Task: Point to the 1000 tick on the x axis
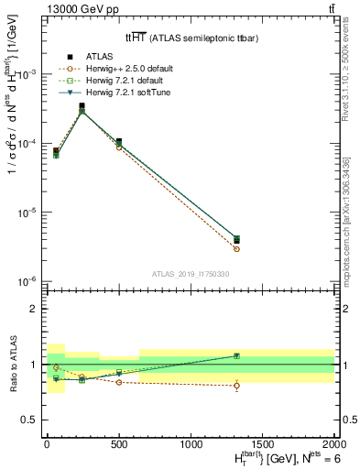191,443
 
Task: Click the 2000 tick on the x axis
334,443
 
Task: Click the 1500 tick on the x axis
262,443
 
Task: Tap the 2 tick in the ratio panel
35,309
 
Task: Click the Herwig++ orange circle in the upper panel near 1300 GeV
236,249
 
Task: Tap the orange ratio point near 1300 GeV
236,386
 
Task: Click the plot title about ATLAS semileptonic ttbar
190,38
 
